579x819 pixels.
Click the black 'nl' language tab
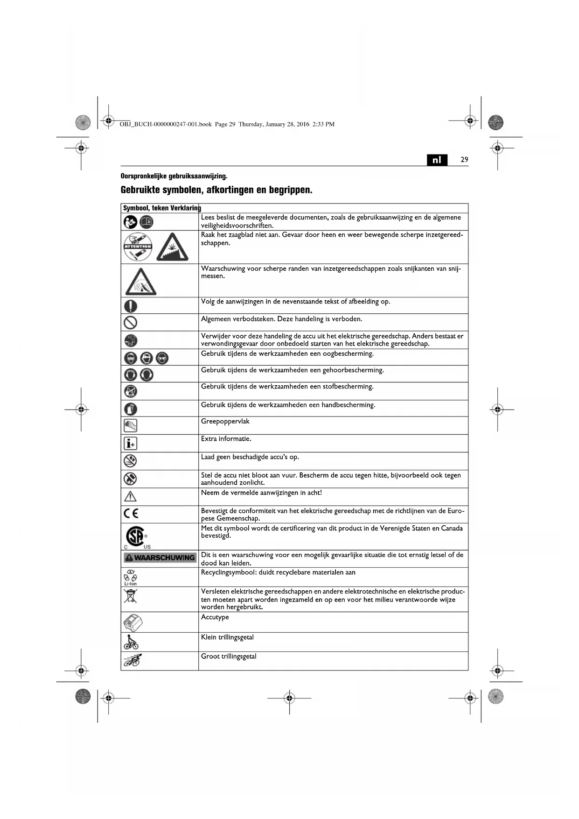pyautogui.click(x=437, y=160)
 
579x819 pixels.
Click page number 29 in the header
pyautogui.click(x=464, y=160)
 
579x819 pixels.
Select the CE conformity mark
pyautogui.click(x=131, y=514)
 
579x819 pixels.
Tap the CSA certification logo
pyautogui.click(x=136, y=536)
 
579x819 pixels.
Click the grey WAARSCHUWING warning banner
pyautogui.click(x=160, y=558)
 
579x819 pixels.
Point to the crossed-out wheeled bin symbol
pyautogui.click(x=131, y=596)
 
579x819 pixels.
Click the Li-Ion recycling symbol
pyautogui.click(x=131, y=577)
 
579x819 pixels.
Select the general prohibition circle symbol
pyautogui.click(x=131, y=322)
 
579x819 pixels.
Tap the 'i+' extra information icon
pyautogui.click(x=131, y=443)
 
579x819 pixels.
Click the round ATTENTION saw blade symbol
pyautogui.click(x=138, y=247)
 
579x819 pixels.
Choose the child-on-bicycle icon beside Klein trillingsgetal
pyautogui.click(x=131, y=642)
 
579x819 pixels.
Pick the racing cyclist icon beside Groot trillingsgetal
pyautogui.click(x=133, y=660)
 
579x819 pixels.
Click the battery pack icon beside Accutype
pyautogui.click(x=133, y=622)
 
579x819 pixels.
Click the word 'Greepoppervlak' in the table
pyautogui.click(x=225, y=421)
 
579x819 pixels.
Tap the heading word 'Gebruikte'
pyautogui.click(x=140, y=190)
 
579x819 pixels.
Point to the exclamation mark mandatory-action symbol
pyautogui.click(x=131, y=306)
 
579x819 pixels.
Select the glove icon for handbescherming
pyautogui.click(x=131, y=409)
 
